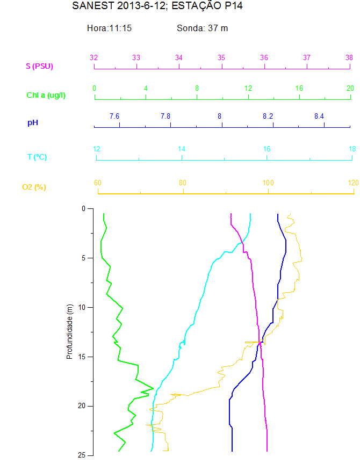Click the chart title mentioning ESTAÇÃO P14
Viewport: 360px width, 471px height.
pyautogui.click(x=153, y=6)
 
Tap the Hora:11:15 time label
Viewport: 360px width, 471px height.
pyautogui.click(x=110, y=28)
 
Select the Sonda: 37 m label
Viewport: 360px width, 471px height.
pyautogui.click(x=203, y=28)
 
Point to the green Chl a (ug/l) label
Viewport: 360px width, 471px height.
pyautogui.click(x=46, y=95)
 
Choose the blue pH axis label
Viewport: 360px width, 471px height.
pyautogui.click(x=33, y=123)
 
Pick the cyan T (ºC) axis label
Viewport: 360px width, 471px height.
pyautogui.click(x=37, y=157)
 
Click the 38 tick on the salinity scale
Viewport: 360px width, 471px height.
pyautogui.click(x=349, y=58)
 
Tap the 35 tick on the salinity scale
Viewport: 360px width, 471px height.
pyautogui.click(x=221, y=58)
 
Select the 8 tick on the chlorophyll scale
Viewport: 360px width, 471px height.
pyautogui.click(x=197, y=88)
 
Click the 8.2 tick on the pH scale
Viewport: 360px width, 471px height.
pyautogui.click(x=268, y=116)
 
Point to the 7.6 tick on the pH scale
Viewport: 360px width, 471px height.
pyautogui.click(x=114, y=116)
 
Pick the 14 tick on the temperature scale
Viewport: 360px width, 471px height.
pyautogui.click(x=182, y=149)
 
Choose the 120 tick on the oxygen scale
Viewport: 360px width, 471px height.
pyautogui.click(x=353, y=183)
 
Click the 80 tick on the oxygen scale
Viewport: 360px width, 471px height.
pyautogui.click(x=183, y=183)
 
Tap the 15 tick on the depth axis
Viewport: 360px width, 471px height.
pyautogui.click(x=82, y=357)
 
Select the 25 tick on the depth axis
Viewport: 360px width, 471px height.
pyautogui.click(x=82, y=455)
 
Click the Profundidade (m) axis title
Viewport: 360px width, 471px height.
pyautogui.click(x=69, y=331)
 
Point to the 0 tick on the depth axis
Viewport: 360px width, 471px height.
pyautogui.click(x=83, y=208)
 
